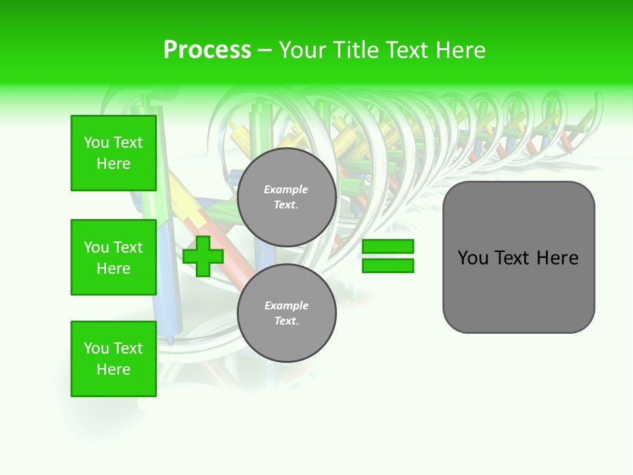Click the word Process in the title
click(x=207, y=50)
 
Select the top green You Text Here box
click(x=113, y=153)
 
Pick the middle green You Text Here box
click(x=113, y=257)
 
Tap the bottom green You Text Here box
click(x=113, y=359)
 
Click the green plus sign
click(x=203, y=256)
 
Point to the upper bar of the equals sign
click(x=388, y=247)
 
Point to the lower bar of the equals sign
click(x=388, y=265)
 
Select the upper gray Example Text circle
click(x=286, y=197)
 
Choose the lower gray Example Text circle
click(x=286, y=313)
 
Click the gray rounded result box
click(x=518, y=290)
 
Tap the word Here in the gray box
click(x=557, y=258)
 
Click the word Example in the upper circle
click(x=286, y=189)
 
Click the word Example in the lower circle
click(x=286, y=305)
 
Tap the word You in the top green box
click(x=96, y=142)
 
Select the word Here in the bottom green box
click(x=113, y=369)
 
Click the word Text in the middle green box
click(x=128, y=247)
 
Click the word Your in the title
click(x=303, y=50)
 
